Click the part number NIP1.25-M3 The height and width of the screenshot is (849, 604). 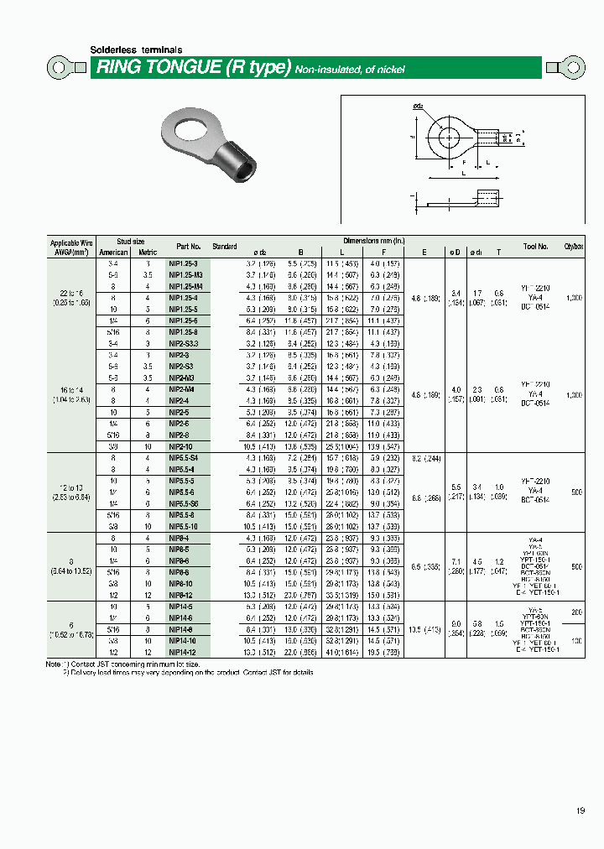[x=185, y=274]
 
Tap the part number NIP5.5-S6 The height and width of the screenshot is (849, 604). [x=185, y=503]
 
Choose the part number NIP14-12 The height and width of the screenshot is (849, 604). [x=184, y=650]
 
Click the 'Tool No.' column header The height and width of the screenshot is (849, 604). [x=536, y=247]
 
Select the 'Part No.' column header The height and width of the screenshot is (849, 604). [x=189, y=247]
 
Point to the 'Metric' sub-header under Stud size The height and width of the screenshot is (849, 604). [x=148, y=252]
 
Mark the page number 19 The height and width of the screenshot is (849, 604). [x=581, y=810]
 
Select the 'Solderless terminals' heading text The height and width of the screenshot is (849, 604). [x=136, y=50]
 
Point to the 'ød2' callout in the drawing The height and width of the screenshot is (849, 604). [x=417, y=107]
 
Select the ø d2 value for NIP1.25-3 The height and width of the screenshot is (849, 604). [x=256, y=263]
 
